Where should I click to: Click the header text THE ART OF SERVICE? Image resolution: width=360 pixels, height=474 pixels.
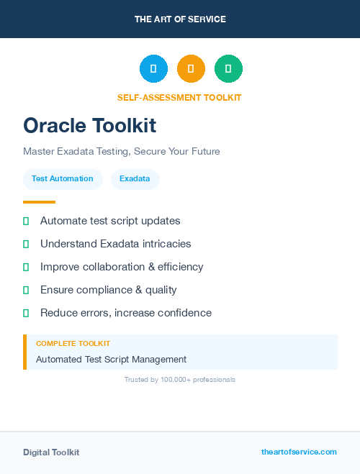[x=180, y=19]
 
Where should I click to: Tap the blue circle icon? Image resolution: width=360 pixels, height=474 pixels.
[x=153, y=68]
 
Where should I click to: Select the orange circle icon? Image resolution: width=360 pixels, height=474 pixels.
[x=191, y=68]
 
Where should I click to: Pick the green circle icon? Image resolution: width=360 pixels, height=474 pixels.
[x=228, y=68]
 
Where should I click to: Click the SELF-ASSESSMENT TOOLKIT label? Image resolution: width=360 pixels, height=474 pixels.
[x=179, y=98]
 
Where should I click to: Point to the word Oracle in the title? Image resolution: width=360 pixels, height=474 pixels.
[x=55, y=126]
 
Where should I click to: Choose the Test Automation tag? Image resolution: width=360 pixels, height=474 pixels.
[x=63, y=179]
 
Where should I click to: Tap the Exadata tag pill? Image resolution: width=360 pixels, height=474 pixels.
[x=135, y=179]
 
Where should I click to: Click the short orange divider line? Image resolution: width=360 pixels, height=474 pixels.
[x=39, y=202]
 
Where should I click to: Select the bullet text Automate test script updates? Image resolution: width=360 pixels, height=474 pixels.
[x=110, y=221]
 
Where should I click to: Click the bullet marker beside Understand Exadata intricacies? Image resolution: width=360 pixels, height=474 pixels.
[x=26, y=244]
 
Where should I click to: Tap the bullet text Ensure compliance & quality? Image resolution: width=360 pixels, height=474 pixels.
[x=108, y=290]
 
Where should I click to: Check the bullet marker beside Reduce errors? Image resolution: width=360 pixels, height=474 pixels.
[x=26, y=313]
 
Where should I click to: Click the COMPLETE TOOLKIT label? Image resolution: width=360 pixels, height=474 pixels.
[x=73, y=344]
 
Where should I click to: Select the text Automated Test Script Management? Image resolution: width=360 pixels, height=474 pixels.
[x=111, y=359]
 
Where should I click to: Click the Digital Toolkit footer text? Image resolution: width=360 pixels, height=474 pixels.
[x=51, y=452]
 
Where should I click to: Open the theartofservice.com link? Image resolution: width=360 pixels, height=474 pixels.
[x=299, y=452]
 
